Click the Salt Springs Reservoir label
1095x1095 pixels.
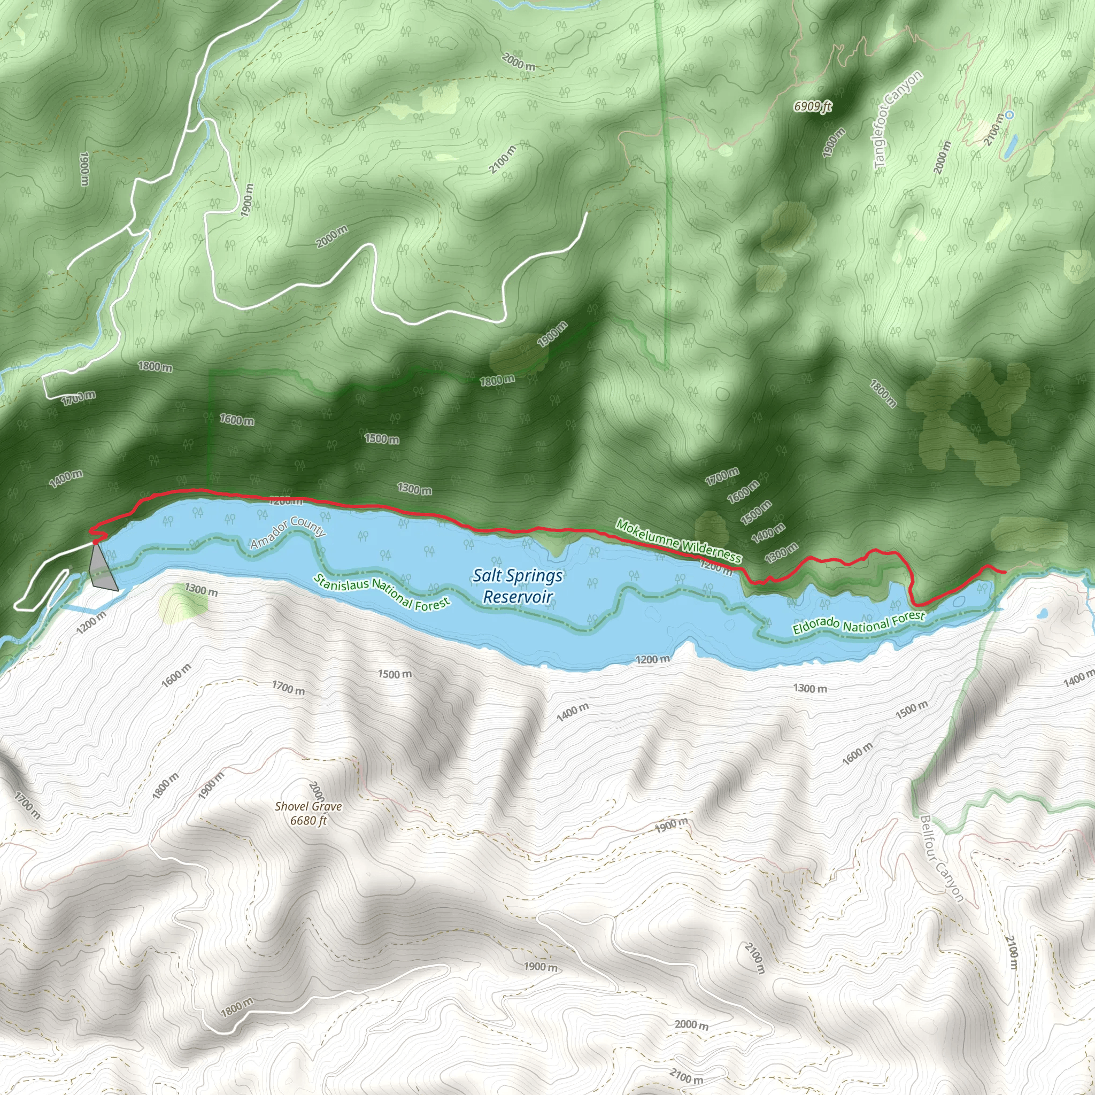tap(517, 585)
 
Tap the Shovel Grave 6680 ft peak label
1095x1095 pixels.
tap(309, 813)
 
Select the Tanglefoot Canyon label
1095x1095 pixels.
tap(898, 119)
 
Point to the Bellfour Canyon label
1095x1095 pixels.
tap(942, 858)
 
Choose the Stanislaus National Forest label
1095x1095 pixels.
tap(381, 592)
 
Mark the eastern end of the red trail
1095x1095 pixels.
tap(1005, 573)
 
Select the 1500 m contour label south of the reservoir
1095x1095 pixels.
tap(395, 674)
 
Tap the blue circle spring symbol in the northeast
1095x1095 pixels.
tap(1009, 115)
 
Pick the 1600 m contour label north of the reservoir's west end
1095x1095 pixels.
tap(237, 420)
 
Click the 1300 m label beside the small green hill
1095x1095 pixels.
tap(201, 590)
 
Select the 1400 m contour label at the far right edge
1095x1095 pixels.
tap(1077, 678)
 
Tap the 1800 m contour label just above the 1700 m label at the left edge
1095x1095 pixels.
tap(155, 367)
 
